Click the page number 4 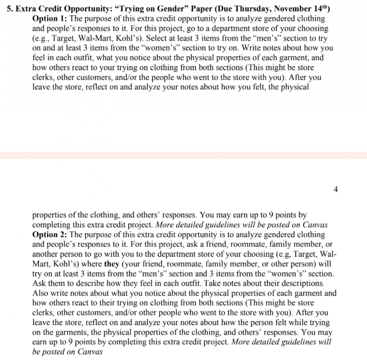click(x=335, y=190)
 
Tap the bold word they click(x=112, y=264)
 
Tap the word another click(x=47, y=254)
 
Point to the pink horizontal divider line click(x=183, y=155)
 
